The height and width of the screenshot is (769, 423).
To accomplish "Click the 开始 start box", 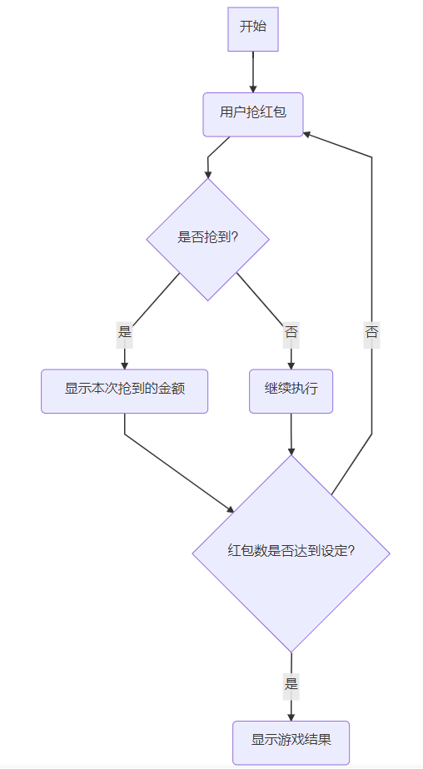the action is coord(253,29).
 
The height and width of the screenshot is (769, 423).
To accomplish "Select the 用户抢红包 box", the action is coord(253,114).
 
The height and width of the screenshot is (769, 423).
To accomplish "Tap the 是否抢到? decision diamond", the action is coord(207,240).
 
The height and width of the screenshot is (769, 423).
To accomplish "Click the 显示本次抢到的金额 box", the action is coord(125,391).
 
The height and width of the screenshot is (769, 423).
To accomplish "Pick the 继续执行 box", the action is coord(291,391).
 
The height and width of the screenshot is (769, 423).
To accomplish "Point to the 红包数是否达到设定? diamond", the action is coord(291,553).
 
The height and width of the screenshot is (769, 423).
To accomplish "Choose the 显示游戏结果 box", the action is coord(291,742).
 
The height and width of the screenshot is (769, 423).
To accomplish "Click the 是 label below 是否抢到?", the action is coord(125,333).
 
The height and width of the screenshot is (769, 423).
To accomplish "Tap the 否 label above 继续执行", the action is coord(291,333).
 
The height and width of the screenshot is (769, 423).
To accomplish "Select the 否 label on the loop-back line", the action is coord(371,333).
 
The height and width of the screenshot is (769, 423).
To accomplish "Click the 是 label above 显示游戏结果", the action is coord(291,683).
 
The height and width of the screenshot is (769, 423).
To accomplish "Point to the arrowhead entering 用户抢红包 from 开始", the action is coord(253,89).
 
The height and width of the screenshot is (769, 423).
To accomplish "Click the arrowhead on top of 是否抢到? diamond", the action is coord(207,174).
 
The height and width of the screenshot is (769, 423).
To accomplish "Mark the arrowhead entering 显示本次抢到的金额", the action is coord(125,365).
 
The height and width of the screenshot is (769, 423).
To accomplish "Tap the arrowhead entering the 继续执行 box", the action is coord(291,365).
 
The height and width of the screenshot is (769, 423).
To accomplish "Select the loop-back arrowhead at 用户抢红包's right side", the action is coord(306,133).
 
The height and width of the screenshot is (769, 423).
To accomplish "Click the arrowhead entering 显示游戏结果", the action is coord(291,717).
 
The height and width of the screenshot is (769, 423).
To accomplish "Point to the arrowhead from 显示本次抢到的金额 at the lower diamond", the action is coord(231,509).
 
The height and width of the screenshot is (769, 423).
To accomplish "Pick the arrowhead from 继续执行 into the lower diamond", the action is coord(291,451).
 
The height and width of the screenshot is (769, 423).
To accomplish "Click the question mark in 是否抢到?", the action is coord(234,238).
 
